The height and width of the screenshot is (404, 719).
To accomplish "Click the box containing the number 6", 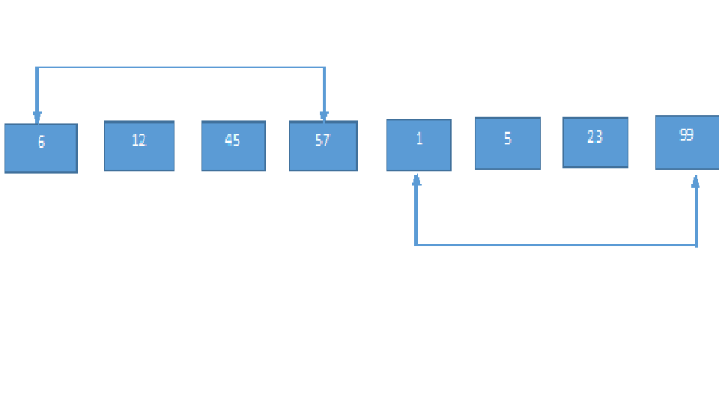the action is (40, 148).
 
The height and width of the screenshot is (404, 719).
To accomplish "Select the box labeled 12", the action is (139, 146).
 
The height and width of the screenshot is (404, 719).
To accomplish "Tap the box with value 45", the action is (234, 146).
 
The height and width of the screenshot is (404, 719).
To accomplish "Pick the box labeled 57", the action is (324, 146).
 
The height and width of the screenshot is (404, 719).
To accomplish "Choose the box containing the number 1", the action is (419, 144).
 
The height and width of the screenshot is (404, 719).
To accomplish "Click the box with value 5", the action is (508, 143).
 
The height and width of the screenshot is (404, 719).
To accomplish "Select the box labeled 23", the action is (595, 142).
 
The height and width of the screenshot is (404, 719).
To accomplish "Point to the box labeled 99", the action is (688, 142).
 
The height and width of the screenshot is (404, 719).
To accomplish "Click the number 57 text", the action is (323, 140).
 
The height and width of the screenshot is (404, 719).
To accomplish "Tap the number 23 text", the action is (595, 136).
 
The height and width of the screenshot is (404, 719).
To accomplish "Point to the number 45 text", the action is (232, 140).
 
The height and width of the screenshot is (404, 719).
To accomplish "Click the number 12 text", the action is (139, 140).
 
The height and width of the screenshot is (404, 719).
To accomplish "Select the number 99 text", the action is (686, 135).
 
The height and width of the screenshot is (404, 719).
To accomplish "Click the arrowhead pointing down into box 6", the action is (37, 117).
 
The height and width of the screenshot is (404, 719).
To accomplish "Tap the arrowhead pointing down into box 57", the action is (324, 117).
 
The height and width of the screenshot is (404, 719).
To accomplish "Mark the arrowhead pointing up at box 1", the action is (416, 180).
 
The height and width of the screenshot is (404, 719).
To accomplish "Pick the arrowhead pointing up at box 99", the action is (696, 181).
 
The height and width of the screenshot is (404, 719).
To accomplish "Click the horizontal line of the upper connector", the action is (180, 67).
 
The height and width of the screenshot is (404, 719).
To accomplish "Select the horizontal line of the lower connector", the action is (556, 245).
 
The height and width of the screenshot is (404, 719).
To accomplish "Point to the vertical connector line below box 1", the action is (416, 215).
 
